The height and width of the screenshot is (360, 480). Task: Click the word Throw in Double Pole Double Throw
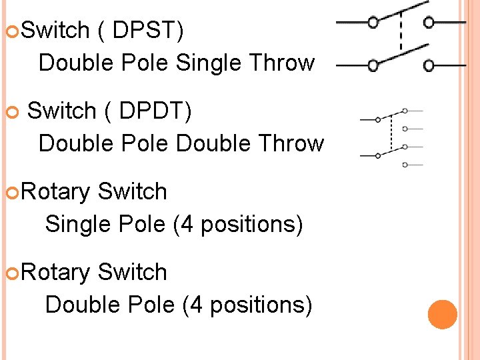tap(291, 143)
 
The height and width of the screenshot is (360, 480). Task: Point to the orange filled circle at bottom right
tap(442, 315)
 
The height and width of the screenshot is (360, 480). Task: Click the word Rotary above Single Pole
tap(56, 192)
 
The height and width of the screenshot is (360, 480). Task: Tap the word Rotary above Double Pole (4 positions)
tap(56, 273)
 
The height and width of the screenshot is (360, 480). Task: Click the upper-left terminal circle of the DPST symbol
tap(373, 23)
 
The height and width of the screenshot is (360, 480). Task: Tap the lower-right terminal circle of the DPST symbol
tap(429, 65)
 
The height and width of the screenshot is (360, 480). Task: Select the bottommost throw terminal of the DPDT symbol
tap(405, 164)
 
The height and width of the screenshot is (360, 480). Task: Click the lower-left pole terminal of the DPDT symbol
tap(378, 155)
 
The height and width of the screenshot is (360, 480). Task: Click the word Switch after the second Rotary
tap(132, 272)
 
